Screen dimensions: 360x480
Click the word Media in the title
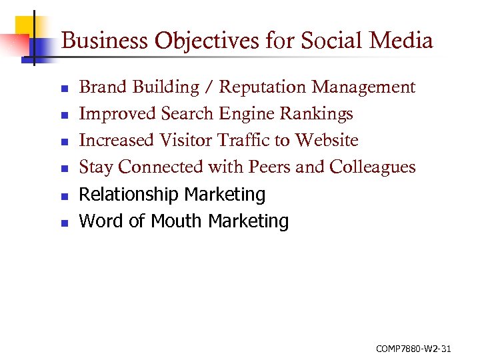click(402, 41)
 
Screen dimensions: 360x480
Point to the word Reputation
click(263, 87)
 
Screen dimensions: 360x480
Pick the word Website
click(327, 141)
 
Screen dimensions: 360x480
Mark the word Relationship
click(129, 195)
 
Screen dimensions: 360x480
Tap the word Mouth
click(179, 221)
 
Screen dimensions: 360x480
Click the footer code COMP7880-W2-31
click(414, 348)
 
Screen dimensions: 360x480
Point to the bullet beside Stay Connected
click(64, 169)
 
